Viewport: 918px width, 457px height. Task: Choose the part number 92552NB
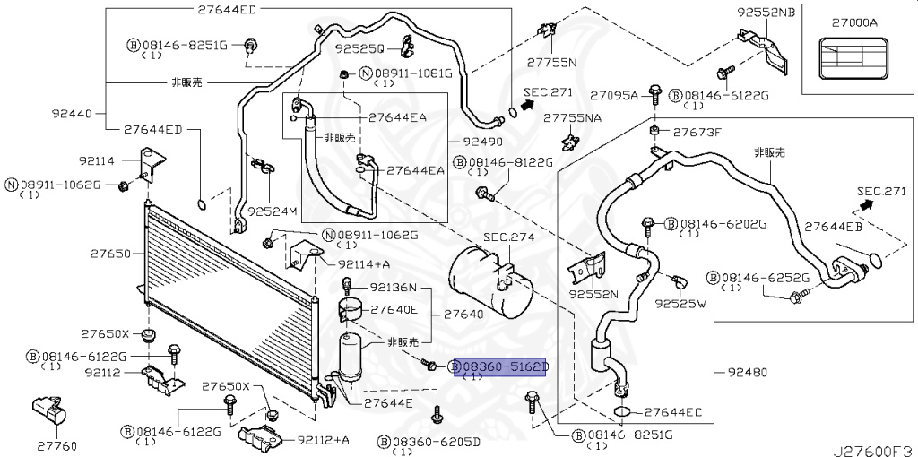[766, 13]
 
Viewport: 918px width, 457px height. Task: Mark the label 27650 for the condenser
[111, 254]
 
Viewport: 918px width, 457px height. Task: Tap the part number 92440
[72, 114]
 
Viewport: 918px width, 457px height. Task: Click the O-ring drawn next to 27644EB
[876, 261]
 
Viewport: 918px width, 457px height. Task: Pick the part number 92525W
[680, 304]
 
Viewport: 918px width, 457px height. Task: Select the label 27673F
[697, 132]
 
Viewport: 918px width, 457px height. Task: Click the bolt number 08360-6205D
[436, 442]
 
